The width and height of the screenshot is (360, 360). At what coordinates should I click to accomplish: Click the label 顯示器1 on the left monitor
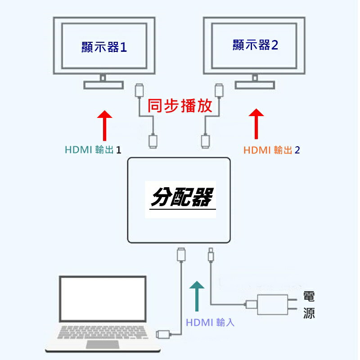pyautogui.click(x=104, y=47)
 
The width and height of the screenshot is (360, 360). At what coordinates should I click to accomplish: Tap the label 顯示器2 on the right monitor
pyautogui.click(x=255, y=45)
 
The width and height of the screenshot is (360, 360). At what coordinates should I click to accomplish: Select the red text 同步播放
pyautogui.click(x=180, y=105)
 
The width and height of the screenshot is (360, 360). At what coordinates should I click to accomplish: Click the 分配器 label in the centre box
pyautogui.click(x=181, y=197)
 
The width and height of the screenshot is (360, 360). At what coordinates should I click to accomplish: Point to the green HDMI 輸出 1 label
pyautogui.click(x=93, y=150)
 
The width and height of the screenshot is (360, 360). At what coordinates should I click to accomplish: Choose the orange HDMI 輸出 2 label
pyautogui.click(x=271, y=150)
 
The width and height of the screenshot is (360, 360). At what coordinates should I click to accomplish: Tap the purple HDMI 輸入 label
pyautogui.click(x=210, y=322)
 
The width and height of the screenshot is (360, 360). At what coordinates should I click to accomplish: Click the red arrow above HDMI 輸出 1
pyautogui.click(x=105, y=125)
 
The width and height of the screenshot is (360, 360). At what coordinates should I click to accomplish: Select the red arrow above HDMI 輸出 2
pyautogui.click(x=256, y=123)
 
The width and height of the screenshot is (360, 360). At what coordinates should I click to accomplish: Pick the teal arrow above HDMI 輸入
pyautogui.click(x=197, y=296)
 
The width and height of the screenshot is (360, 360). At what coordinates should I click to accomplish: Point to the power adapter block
pyautogui.click(x=272, y=305)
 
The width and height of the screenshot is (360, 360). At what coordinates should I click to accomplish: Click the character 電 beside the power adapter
pyautogui.click(x=309, y=296)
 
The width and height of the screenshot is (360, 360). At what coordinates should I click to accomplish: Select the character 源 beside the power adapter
pyautogui.click(x=309, y=313)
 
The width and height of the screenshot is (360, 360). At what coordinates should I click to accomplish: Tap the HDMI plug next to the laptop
pyautogui.click(x=162, y=334)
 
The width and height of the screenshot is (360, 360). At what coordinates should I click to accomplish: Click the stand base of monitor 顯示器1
pyautogui.click(x=103, y=85)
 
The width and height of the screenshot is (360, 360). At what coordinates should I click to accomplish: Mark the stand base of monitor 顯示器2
pyautogui.click(x=255, y=85)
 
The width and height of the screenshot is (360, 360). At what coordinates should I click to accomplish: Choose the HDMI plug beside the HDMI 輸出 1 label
pyautogui.click(x=153, y=141)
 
